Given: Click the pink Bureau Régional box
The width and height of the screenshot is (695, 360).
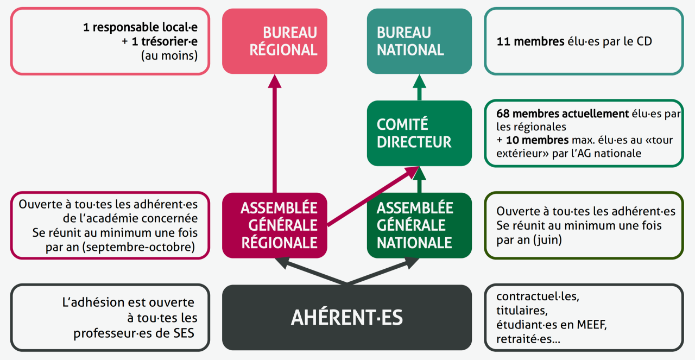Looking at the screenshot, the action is click(x=275, y=41).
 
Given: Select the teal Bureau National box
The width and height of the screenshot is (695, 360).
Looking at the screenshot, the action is click(x=419, y=41).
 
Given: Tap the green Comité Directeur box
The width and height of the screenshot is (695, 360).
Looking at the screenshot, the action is click(x=419, y=133).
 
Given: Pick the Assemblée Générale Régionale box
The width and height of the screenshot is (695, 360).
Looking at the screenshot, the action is click(x=275, y=225).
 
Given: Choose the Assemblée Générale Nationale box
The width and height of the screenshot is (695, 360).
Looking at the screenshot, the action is click(x=419, y=225).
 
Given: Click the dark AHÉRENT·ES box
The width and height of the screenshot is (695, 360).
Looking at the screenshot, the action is click(x=347, y=318).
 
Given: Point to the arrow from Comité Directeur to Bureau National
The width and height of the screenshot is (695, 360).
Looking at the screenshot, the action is click(x=419, y=87).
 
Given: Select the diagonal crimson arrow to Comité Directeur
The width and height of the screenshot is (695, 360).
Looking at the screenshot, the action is click(x=373, y=196).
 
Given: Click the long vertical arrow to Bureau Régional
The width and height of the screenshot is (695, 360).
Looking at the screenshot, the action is click(x=275, y=134).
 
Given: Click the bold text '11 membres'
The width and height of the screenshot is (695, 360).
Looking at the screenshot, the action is click(x=530, y=42).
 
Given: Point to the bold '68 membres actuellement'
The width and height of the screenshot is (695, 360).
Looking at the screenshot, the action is click(x=563, y=114).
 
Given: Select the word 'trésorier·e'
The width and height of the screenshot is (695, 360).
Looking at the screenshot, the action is click(x=165, y=41).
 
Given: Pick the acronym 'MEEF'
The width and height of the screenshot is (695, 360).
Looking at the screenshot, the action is click(x=591, y=325).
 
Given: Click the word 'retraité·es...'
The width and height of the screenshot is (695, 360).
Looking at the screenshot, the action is click(x=528, y=339).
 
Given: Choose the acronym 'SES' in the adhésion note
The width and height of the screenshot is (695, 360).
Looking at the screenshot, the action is click(x=184, y=333).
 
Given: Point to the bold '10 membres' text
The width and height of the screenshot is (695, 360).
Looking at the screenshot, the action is click(x=537, y=140).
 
